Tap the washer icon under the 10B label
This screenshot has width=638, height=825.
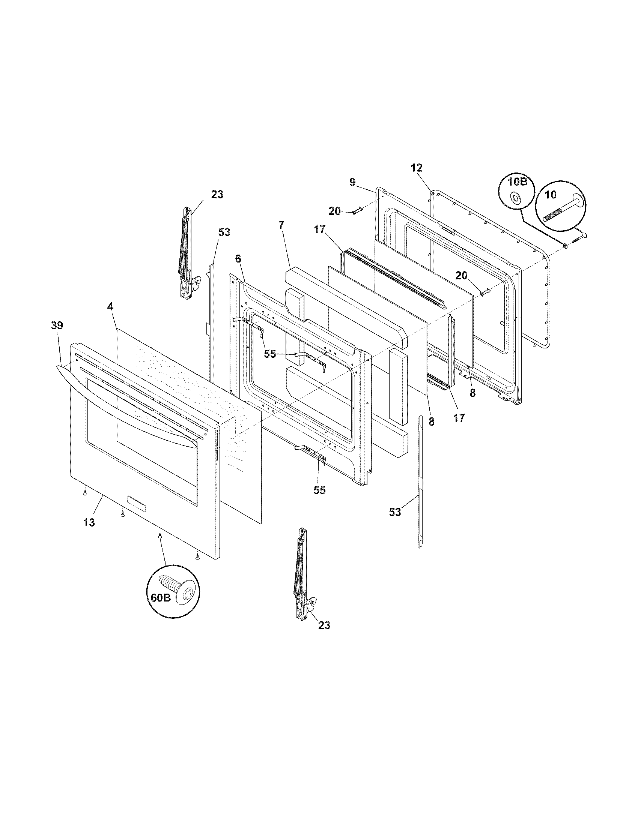tap(515, 198)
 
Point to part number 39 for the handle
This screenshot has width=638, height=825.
tap(57, 325)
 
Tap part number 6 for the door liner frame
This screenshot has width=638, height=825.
tap(238, 259)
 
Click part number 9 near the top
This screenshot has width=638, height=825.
tap(352, 183)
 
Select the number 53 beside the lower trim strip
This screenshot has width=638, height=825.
tap(395, 512)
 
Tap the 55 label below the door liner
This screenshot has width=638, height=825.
tap(319, 490)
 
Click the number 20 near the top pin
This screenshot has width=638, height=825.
tap(334, 211)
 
